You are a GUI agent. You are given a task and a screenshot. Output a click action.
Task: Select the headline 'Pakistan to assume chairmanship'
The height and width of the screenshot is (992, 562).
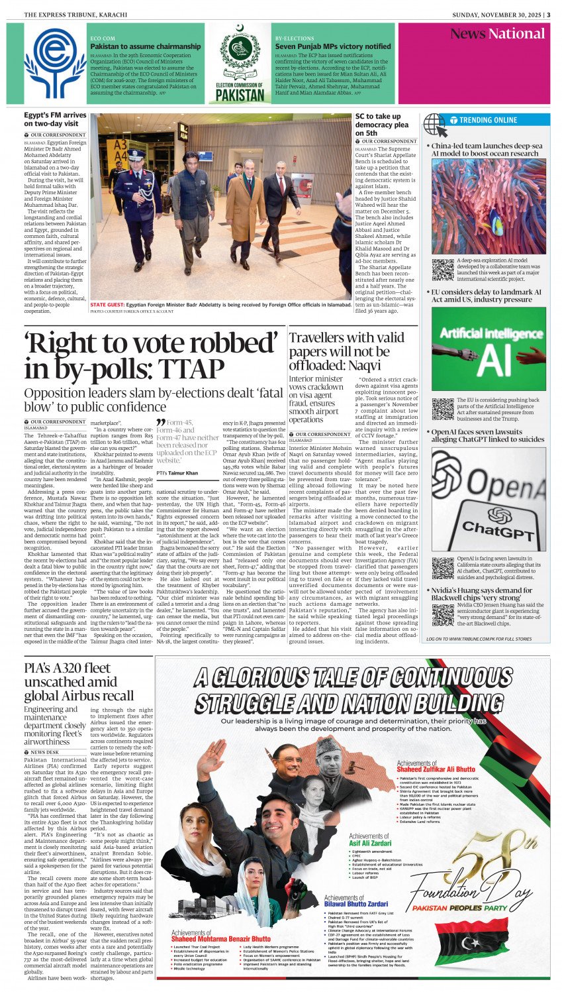[x=146, y=46]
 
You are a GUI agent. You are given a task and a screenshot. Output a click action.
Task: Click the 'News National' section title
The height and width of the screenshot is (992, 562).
[x=497, y=34]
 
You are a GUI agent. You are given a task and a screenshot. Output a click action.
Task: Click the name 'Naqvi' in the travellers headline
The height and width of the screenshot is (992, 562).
[x=366, y=365]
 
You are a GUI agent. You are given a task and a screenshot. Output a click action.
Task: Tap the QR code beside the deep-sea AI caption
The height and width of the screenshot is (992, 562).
[x=442, y=268]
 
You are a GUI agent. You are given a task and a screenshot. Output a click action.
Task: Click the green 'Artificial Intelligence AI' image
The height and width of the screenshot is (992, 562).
[x=489, y=350]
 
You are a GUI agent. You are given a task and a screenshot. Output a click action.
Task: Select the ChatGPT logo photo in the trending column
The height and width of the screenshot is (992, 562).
[x=489, y=501]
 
